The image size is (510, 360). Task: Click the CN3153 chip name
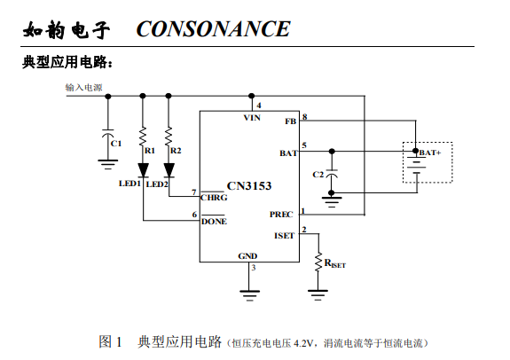tap(249, 185)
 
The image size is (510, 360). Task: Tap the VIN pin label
tap(252, 118)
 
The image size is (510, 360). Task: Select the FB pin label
tap(290, 121)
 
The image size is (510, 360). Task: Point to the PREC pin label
tap(281, 215)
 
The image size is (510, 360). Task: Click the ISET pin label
tap(284, 236)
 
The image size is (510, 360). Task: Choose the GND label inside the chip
tap(247, 256)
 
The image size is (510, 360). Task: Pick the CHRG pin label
tap(214, 198)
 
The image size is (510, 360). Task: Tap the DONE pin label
tap(214, 222)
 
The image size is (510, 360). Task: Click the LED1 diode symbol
tap(143, 170)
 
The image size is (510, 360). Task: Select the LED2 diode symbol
tap(169, 170)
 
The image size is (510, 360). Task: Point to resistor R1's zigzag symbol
tap(143, 137)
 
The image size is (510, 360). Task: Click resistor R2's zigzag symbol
tap(169, 137)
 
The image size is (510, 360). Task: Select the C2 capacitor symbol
tap(332, 174)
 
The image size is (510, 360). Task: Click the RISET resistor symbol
tap(318, 262)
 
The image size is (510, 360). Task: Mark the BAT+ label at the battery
tap(430, 153)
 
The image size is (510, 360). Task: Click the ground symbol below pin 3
tap(249, 295)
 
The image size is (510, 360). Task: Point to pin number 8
tap(304, 116)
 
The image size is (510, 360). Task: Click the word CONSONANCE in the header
tap(213, 29)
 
